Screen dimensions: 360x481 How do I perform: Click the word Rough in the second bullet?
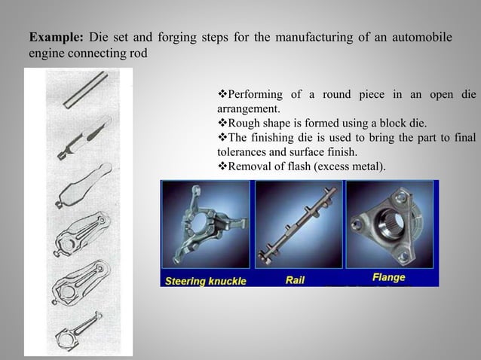[244, 124]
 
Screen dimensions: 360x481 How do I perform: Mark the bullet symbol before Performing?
[221, 95]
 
